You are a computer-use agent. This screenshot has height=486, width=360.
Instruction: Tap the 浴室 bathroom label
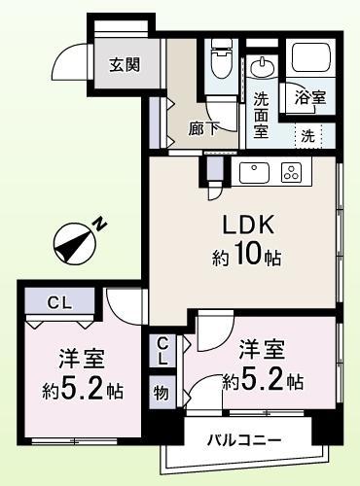308,97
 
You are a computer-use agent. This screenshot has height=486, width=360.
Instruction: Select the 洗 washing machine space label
307,135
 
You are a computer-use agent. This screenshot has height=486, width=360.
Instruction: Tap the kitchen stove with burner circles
290,173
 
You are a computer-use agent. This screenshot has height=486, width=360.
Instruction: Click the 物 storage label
162,395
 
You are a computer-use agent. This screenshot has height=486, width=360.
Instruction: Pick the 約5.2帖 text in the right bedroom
264,380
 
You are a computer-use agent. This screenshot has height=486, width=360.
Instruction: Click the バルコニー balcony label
243,441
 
